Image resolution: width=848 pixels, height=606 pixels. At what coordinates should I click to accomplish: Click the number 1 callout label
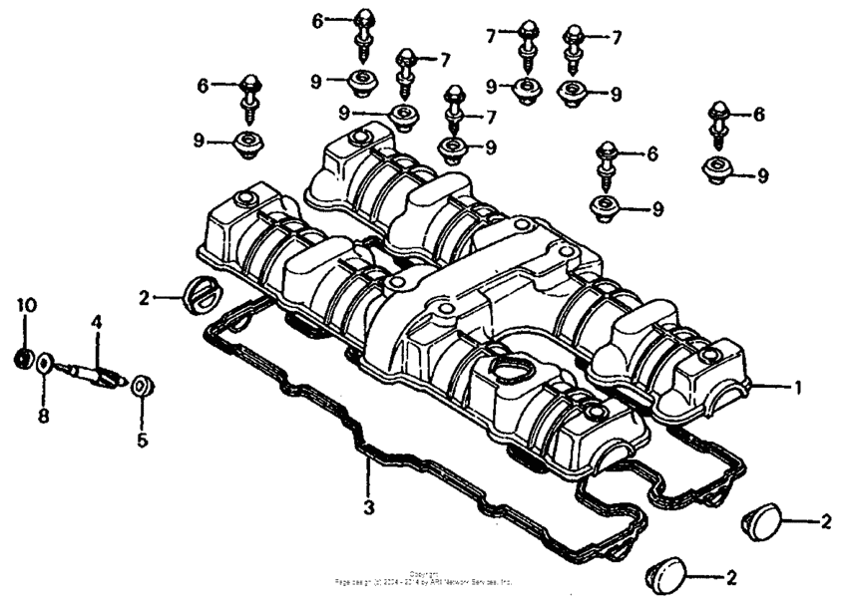point(796,386)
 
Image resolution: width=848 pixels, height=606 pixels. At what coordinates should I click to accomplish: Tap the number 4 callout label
point(97,323)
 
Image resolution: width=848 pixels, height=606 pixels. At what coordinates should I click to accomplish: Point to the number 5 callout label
point(142,438)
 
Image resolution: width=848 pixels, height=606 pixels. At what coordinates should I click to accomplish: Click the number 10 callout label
point(26,304)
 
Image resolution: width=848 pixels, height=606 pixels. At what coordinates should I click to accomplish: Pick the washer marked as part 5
point(141,384)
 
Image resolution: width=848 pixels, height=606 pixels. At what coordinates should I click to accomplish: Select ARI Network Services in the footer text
point(468,579)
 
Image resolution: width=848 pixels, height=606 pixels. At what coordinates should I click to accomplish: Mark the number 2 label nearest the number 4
point(144,296)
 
